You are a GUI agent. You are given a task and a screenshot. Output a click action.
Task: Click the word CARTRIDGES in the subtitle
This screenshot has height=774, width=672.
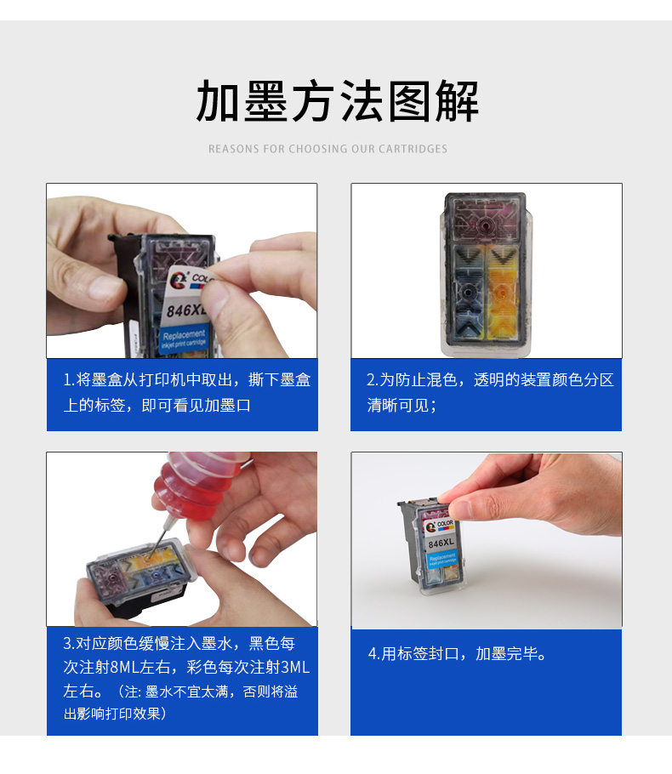point(413,149)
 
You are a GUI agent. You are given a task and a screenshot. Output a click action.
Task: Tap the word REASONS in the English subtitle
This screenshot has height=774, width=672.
point(234,149)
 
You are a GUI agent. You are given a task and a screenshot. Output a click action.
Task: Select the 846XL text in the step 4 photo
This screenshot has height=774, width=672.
point(440,542)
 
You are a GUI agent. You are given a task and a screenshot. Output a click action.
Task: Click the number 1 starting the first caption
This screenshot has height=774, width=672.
point(67,379)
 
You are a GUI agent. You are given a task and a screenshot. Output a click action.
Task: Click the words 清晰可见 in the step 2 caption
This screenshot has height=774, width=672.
point(398,405)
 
